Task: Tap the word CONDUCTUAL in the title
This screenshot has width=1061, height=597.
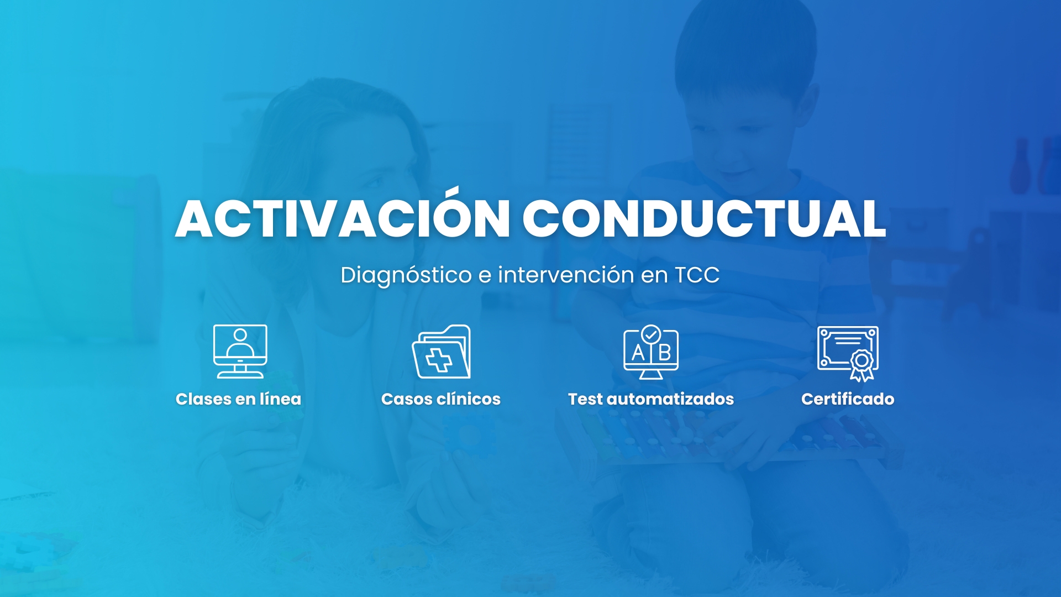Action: [x=705, y=218]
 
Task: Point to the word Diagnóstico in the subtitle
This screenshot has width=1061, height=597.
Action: [x=406, y=275]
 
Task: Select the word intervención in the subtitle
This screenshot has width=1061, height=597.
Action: [x=566, y=275]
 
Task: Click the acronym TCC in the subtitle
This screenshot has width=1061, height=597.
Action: [x=697, y=275]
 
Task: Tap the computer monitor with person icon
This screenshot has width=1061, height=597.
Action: [x=240, y=352]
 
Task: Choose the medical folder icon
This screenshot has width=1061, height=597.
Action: [x=442, y=352]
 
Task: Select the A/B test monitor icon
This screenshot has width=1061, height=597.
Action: [x=651, y=352]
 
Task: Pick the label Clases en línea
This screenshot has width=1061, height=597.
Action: [x=238, y=399]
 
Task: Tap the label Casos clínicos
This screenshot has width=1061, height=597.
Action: [x=441, y=399]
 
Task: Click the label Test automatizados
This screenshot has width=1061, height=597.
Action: [x=651, y=399]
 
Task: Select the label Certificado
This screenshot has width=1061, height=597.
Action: [x=848, y=399]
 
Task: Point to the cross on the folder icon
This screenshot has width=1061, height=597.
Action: [x=439, y=360]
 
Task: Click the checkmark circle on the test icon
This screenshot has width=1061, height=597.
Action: [x=651, y=334]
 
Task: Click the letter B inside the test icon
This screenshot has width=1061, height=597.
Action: [x=665, y=352]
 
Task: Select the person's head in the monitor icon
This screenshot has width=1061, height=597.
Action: [x=240, y=334]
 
